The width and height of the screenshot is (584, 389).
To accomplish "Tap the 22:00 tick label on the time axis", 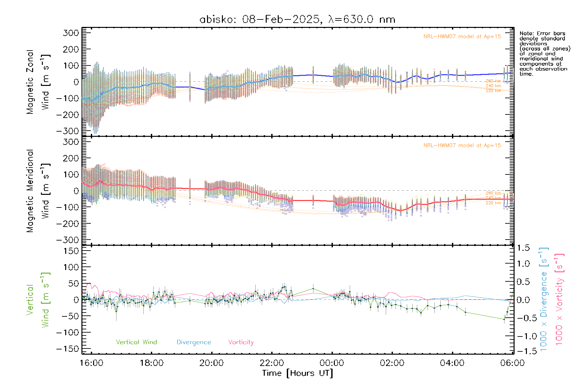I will point(272,363).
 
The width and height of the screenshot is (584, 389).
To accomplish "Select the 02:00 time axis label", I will point(392,363).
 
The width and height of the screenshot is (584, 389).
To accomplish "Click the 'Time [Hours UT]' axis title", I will point(298,373).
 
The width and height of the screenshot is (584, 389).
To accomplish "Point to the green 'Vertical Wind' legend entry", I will point(136,342).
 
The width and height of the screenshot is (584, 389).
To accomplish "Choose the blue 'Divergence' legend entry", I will point(194,342).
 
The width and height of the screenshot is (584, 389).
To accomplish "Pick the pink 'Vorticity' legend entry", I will point(241,342).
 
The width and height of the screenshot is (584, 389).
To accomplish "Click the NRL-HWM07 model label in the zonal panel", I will point(462,37).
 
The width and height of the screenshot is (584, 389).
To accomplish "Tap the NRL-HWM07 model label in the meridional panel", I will point(462,146).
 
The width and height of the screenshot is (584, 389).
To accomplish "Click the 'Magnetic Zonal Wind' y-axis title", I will point(38,82).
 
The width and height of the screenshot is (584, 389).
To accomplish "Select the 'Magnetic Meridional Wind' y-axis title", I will point(38,191).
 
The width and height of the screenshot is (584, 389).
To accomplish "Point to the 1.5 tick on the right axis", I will point(523,248).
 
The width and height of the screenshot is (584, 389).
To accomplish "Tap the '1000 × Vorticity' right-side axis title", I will point(559,299).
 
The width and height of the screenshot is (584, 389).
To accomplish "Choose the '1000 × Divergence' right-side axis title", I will point(544,299).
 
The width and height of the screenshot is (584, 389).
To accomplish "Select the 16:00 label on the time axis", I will point(91,363).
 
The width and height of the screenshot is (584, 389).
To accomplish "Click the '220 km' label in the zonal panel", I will point(493,91).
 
